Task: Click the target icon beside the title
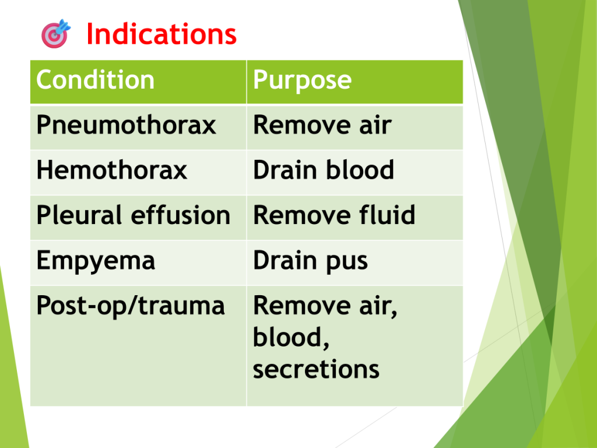55,34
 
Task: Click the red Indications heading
161,34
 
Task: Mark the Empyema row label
96,261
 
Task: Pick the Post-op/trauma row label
131,306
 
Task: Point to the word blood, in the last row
291,338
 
